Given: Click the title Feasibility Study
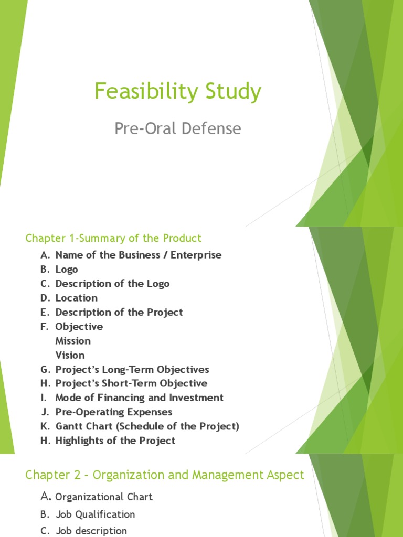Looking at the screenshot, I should coord(177,92).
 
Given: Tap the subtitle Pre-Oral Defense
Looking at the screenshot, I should coord(178,128).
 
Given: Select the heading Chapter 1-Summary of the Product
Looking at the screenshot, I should coord(113,238).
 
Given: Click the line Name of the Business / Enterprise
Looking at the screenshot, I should coord(138,255).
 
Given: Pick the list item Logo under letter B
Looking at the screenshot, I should coord(67,269).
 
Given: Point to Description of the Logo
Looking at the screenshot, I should coord(112,283).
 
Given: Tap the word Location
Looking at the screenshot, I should coord(77,298).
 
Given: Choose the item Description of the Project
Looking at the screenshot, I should coord(119,312).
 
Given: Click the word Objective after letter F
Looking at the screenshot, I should coord(79,326).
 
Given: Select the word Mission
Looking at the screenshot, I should coord(73,341).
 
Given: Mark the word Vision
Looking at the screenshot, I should coord(70,355).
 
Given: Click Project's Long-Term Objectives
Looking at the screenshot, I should coord(132,369).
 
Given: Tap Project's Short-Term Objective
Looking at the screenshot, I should coord(131,383).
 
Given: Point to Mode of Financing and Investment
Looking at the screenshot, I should coord(140,398).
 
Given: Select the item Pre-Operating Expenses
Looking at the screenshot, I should coord(114,412).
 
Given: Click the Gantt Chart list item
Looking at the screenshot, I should coord(147,426).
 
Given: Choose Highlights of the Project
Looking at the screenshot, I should coord(115,441).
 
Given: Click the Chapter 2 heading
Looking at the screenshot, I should coord(165,475).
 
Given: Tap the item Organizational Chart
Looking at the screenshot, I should coord(104,497).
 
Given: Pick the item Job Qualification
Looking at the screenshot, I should coord(95,514).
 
